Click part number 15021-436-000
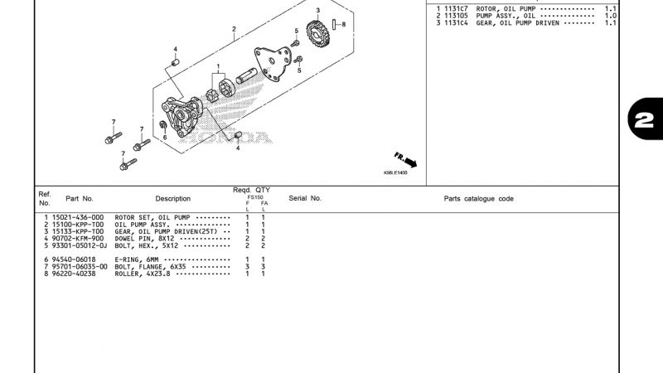click(77, 217)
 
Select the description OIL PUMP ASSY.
click(143, 225)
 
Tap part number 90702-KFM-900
click(77, 239)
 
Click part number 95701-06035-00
click(79, 267)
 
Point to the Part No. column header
click(80, 199)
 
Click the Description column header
click(172, 199)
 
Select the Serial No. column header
click(305, 199)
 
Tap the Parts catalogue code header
click(478, 199)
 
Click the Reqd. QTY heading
click(251, 190)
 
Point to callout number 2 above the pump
click(234, 29)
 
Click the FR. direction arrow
click(406, 159)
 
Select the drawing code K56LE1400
click(395, 174)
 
